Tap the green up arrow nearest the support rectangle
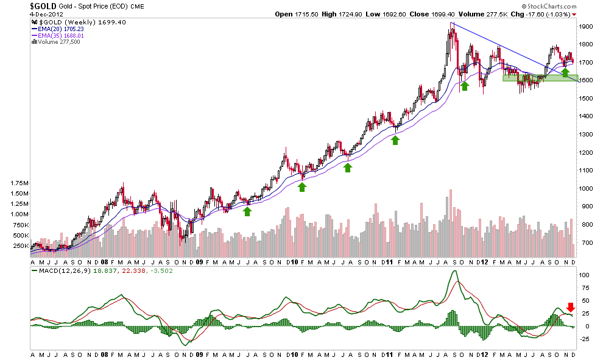[x=565, y=72]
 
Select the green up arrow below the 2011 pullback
[x=395, y=140]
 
